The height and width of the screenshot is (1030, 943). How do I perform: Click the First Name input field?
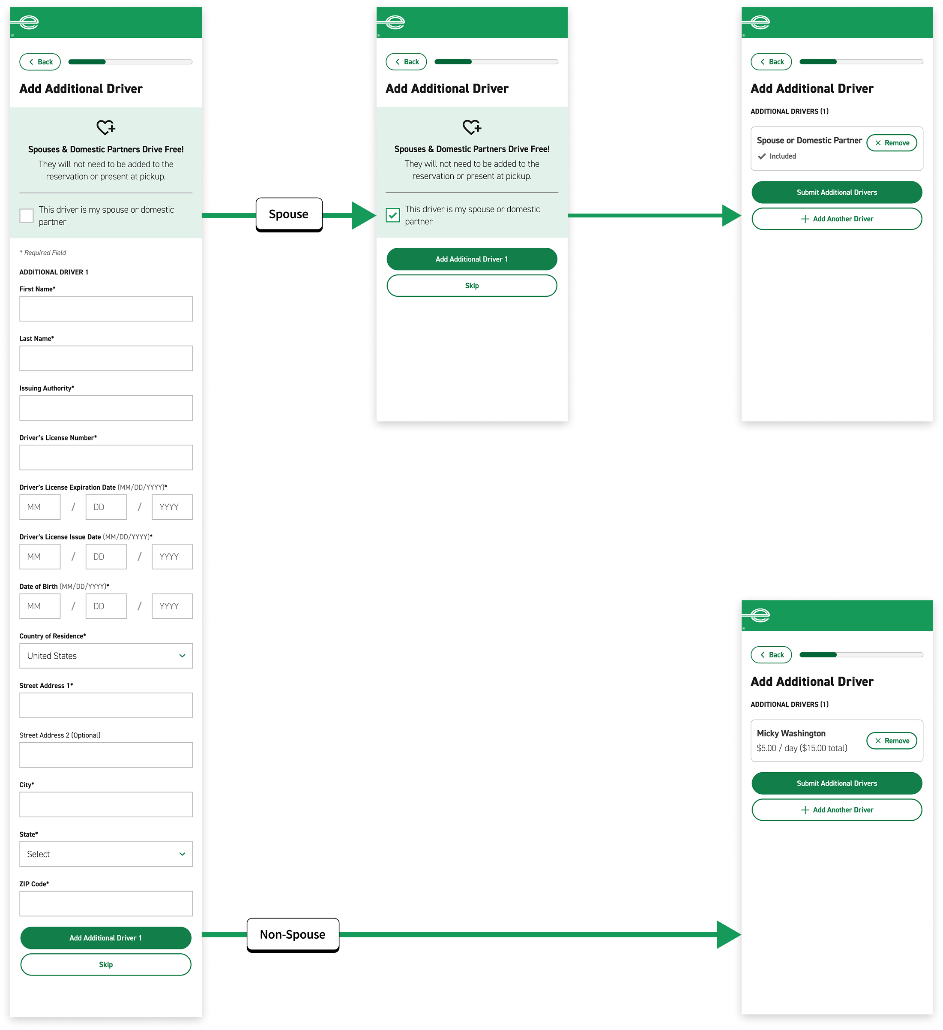pos(106,309)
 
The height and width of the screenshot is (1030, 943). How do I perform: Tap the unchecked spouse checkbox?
pos(27,216)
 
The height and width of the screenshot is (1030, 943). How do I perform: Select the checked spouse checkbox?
pos(392,215)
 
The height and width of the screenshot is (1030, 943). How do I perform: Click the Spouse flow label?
pos(288,214)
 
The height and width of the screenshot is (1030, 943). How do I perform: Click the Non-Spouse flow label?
pos(293,934)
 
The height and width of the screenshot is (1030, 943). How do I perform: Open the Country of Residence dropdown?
pos(106,656)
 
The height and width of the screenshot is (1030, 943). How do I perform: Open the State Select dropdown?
pos(106,854)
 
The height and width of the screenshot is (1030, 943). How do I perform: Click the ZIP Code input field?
pos(106,904)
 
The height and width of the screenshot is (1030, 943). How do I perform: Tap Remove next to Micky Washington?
pos(892,740)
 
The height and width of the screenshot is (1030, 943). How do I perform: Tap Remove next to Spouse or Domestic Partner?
pos(892,142)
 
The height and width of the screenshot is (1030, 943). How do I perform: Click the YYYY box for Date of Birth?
pos(172,606)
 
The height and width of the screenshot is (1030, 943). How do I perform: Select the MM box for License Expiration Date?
pos(40,507)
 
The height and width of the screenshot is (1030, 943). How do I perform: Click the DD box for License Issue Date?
pos(106,557)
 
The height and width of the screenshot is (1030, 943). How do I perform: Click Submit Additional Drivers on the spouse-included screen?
pos(836,192)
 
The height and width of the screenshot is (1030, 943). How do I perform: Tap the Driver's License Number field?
pos(106,457)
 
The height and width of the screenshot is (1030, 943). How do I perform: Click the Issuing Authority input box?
pos(106,408)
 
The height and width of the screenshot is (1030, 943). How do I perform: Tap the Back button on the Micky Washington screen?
pos(771,654)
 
